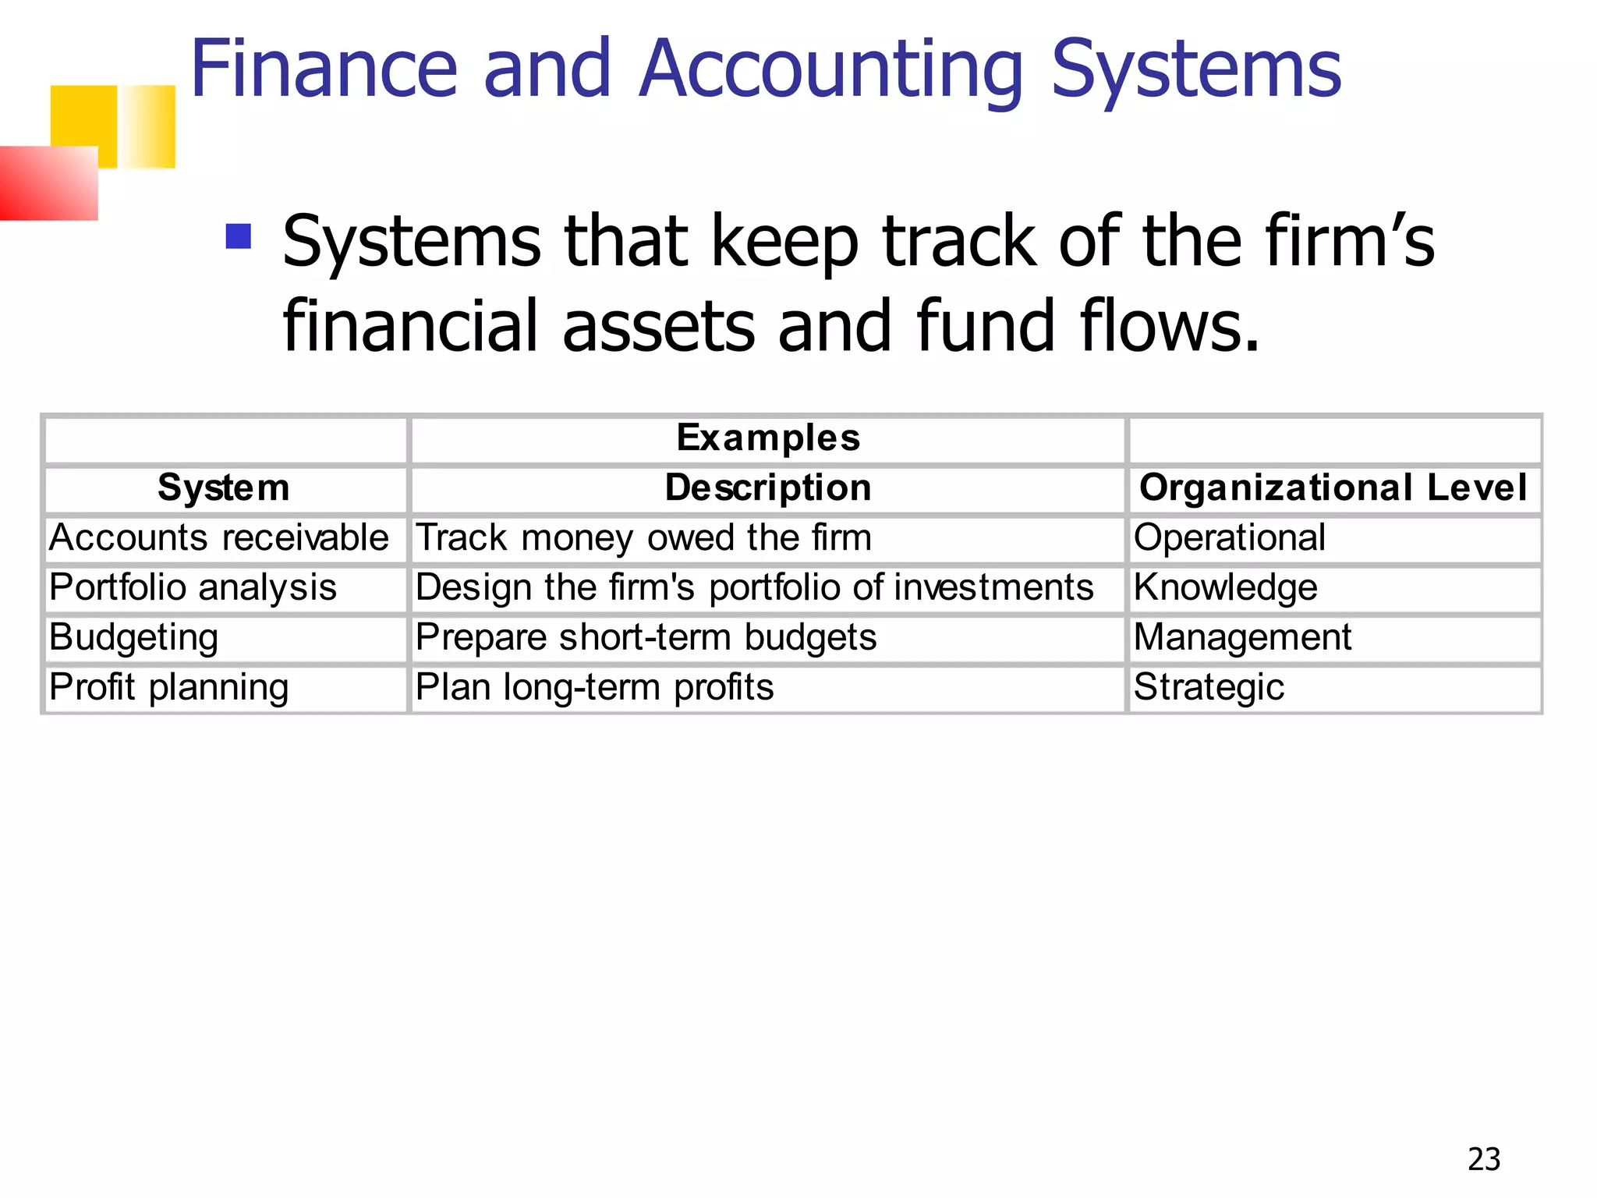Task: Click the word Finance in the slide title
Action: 323,70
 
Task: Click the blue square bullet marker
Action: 239,236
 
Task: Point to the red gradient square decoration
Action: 48,183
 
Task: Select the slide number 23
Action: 1483,1160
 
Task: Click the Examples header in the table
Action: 768,438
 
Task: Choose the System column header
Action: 224,488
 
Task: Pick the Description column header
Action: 768,488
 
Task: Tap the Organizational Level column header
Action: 1333,488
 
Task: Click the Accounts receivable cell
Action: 219,538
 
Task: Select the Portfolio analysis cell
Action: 193,588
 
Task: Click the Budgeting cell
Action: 133,638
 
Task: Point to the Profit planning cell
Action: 168,688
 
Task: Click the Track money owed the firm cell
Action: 643,538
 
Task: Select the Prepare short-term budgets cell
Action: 646,638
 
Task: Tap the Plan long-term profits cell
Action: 594,688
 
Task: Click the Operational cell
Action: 1229,538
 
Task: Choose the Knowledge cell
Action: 1225,588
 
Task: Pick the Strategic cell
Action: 1209,688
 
